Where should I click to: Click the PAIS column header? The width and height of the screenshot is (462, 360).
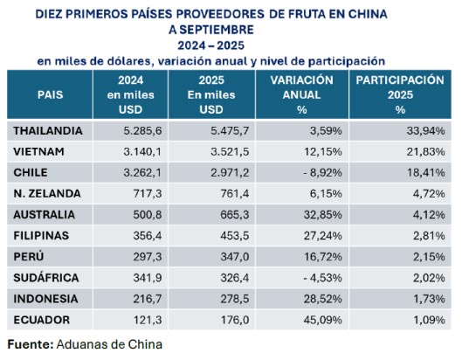click(x=49, y=93)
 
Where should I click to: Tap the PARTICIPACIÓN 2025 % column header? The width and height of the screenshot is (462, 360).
click(x=400, y=94)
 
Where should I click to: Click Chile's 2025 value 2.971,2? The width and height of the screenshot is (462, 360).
click(x=225, y=172)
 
